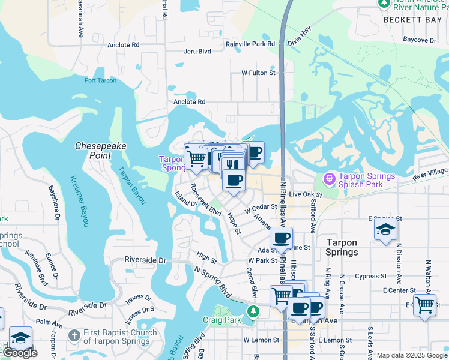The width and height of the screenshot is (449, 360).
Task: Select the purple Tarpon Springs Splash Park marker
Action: (x=328, y=179)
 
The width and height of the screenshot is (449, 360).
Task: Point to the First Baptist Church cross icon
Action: (x=74, y=335)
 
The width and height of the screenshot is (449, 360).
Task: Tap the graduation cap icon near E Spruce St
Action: (x=385, y=230)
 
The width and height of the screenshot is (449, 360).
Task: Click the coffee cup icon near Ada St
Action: (x=281, y=238)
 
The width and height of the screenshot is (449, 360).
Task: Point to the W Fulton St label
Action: (x=258, y=73)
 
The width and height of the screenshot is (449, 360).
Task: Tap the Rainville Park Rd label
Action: (x=250, y=44)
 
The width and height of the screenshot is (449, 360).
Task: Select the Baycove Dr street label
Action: (x=420, y=40)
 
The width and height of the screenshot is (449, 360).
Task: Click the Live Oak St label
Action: (x=306, y=195)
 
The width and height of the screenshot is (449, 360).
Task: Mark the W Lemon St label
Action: (x=261, y=340)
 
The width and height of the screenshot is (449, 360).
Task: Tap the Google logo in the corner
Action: (x=19, y=353)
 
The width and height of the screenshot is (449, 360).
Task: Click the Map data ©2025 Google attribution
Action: (x=411, y=355)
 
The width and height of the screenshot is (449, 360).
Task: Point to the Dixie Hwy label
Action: (x=300, y=36)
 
